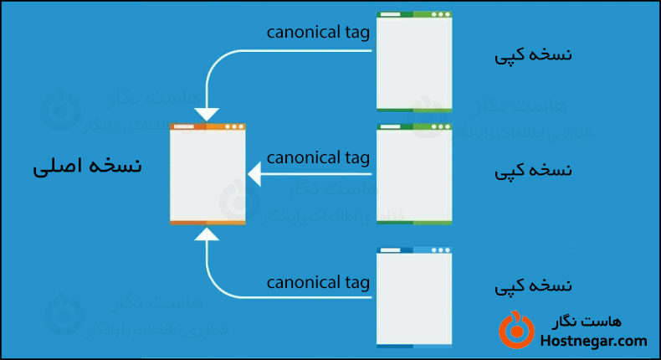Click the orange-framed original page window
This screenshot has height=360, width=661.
[x=208, y=174]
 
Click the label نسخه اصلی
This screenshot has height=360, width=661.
[x=87, y=165]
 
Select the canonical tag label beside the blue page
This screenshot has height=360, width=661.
[x=318, y=282]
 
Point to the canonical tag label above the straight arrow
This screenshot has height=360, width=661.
[x=318, y=157]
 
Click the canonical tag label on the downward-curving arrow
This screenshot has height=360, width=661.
[x=318, y=33]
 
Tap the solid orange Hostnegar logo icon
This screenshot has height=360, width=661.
[x=516, y=330]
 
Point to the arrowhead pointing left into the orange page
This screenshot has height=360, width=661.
[x=254, y=173]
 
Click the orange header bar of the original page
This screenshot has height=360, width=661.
[x=208, y=126]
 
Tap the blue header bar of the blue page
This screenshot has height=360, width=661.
[x=414, y=249]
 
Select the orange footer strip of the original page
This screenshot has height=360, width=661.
[x=208, y=223]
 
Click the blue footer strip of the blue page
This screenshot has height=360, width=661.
[x=414, y=345]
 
